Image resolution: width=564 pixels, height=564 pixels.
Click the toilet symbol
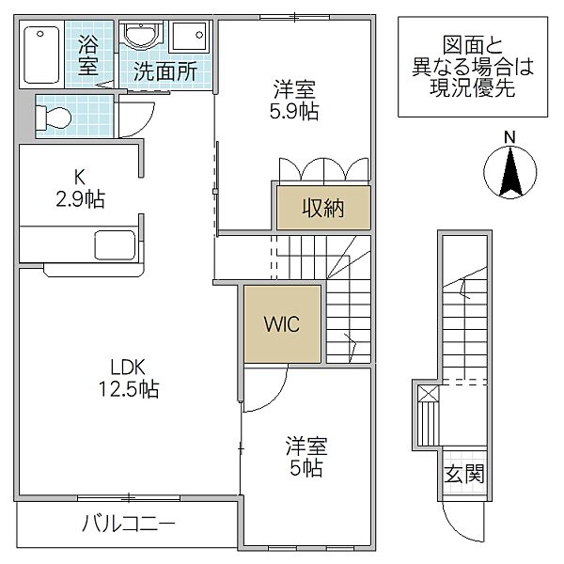[x=54, y=117]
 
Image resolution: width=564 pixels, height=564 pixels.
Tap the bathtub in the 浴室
[x=41, y=55]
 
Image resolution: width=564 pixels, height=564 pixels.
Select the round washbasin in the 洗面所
[x=141, y=36]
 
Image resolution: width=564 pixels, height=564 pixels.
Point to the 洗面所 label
[x=165, y=71]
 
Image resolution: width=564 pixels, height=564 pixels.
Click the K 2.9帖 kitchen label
[x=80, y=188]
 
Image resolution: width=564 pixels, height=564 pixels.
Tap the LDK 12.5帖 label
[x=129, y=378]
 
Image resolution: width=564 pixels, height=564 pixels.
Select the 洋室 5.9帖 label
[x=294, y=100]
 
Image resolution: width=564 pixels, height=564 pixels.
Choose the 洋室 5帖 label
[x=306, y=456]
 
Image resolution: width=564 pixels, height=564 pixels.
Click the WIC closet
[x=282, y=324]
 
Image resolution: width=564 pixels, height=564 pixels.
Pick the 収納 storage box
[x=323, y=208]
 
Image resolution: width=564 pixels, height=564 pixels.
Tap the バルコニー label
[x=129, y=524]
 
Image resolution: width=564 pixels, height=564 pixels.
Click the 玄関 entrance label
[x=464, y=474]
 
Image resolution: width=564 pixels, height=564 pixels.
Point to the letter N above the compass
[x=509, y=137]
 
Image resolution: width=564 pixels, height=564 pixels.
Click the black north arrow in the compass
[x=510, y=173]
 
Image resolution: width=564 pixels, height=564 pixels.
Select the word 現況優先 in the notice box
[x=473, y=87]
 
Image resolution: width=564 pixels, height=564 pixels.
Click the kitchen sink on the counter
[x=115, y=245]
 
